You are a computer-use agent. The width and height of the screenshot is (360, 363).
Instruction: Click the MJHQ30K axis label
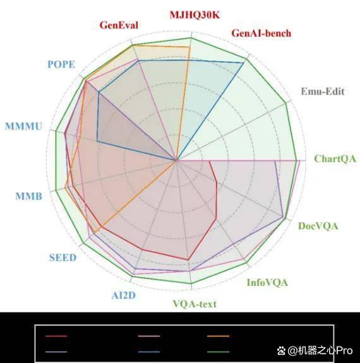(x=195, y=15)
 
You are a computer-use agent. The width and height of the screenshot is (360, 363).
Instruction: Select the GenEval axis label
(x=119, y=25)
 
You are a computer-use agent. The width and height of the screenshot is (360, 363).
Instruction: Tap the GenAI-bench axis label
(x=261, y=33)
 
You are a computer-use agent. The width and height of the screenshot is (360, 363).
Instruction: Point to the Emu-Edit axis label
(x=323, y=91)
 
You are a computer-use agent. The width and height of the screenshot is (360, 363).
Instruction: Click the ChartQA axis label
(x=335, y=159)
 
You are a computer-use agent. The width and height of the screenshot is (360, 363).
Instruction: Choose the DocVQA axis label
(x=318, y=226)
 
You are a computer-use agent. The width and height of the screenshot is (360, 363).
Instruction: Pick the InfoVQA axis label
(x=267, y=282)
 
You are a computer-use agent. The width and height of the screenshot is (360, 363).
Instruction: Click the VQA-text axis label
(x=195, y=304)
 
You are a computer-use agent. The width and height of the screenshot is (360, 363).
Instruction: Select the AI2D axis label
(x=124, y=295)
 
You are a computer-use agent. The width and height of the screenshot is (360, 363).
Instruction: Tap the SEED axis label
(x=63, y=258)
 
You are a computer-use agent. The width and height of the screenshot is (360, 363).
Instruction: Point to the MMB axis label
(x=29, y=196)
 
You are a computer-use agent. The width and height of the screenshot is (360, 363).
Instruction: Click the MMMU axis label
(x=24, y=126)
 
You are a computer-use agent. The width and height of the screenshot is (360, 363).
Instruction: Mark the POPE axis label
(x=61, y=64)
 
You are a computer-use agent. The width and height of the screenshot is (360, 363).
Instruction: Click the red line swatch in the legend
(x=56, y=336)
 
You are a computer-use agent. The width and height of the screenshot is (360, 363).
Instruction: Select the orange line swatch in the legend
(x=218, y=336)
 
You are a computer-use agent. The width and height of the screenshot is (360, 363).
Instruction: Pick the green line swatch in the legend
(x=218, y=352)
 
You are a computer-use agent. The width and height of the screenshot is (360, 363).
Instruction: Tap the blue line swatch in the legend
(x=148, y=352)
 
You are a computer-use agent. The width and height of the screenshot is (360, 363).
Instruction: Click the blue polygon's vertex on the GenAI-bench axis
(x=244, y=62)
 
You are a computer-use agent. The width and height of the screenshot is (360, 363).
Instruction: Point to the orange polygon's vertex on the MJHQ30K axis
(x=189, y=47)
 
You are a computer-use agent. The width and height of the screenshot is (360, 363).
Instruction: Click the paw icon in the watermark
(x=281, y=351)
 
